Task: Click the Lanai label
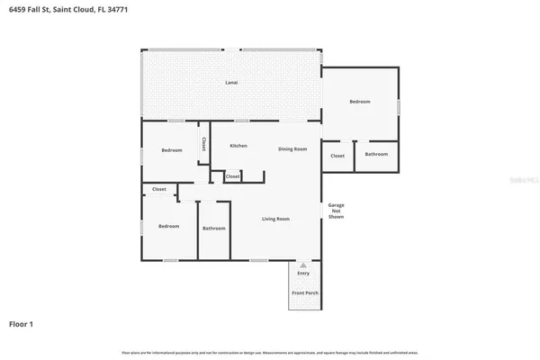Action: [231, 83]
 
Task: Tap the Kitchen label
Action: [238, 146]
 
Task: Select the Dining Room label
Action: [292, 148]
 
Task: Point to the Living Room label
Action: [275, 219]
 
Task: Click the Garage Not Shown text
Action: [336, 211]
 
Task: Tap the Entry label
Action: [303, 273]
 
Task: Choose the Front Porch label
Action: [304, 293]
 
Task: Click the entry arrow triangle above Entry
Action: [303, 265]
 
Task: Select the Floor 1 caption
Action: [22, 322]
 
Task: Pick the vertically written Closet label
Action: [204, 144]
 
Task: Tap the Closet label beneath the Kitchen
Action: [233, 176]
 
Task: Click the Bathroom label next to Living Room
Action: [214, 228]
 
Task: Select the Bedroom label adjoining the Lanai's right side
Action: [360, 102]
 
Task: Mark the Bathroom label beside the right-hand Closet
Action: [376, 154]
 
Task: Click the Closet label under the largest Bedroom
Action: [337, 156]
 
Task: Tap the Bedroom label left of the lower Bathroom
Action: [169, 226]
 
